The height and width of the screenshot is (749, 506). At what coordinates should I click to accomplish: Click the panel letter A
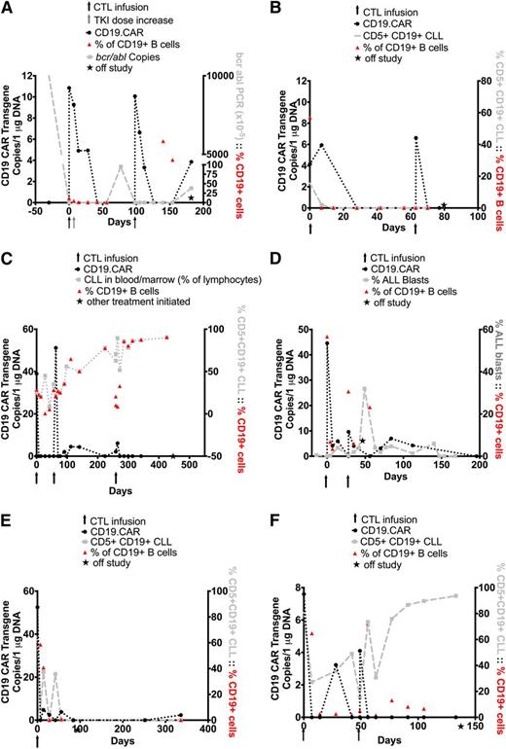[8, 8]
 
